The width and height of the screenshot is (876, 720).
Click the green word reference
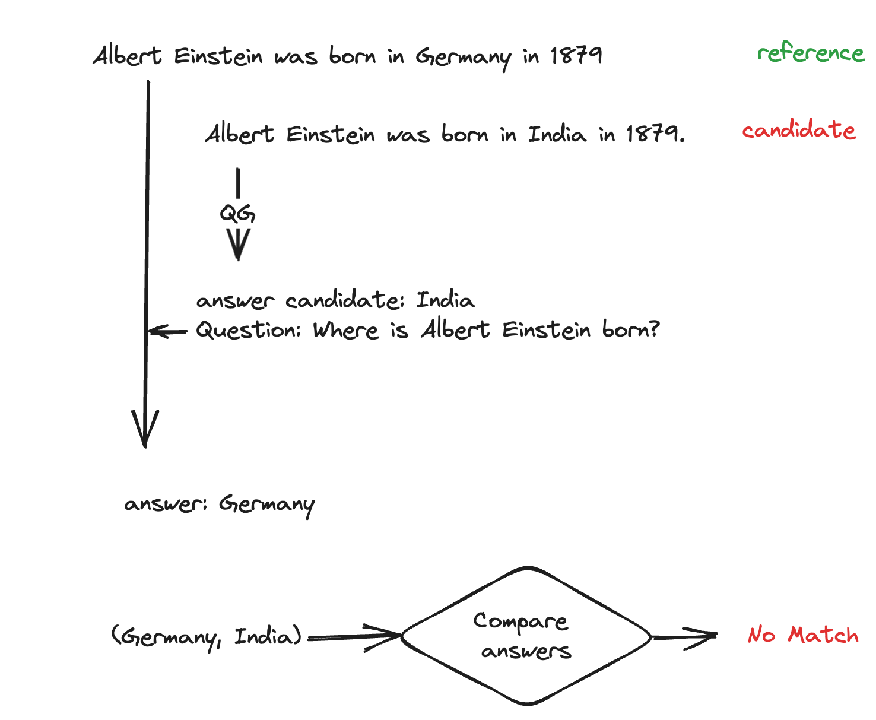click(x=811, y=53)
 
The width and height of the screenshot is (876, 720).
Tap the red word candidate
click(x=799, y=130)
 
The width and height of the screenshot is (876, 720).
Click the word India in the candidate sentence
click(x=557, y=134)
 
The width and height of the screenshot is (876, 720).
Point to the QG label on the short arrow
click(x=237, y=214)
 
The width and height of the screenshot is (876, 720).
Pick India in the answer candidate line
click(x=445, y=300)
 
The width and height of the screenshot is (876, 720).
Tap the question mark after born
click(x=653, y=330)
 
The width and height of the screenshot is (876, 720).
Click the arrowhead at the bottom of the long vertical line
click(x=145, y=430)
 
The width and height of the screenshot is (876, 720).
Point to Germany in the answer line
click(x=266, y=505)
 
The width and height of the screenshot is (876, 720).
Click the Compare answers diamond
click(x=526, y=636)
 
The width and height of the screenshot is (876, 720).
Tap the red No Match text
click(x=802, y=635)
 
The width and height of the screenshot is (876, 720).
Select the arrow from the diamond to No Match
click(x=685, y=637)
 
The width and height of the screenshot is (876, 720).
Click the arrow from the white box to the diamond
click(x=354, y=636)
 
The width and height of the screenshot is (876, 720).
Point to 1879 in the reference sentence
click(x=576, y=56)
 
